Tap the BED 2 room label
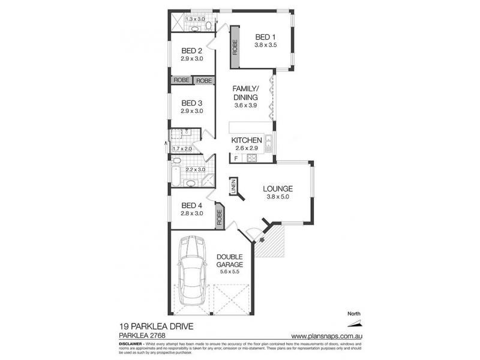(x=192, y=51)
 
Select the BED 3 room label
(x=192, y=103)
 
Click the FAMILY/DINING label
(x=245, y=92)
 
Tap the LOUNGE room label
(x=277, y=188)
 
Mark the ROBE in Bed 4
(x=219, y=217)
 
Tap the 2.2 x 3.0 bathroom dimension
(x=195, y=169)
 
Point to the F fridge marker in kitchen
(x=236, y=158)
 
